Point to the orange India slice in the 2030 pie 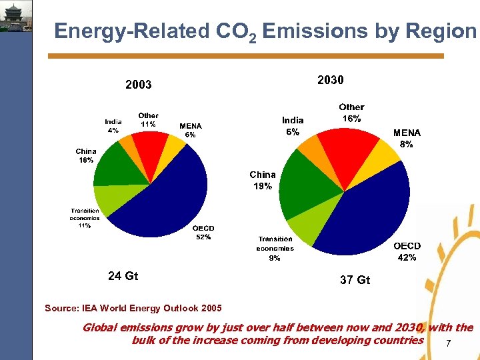[307, 146]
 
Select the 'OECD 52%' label [203, 233]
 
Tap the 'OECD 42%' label [407, 251]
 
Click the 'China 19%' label [263, 181]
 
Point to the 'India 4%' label [113, 126]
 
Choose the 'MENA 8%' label [407, 138]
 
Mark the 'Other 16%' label [351, 112]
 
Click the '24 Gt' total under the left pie [123, 275]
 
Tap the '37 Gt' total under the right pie [355, 280]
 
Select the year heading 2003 [139, 85]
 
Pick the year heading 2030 [331, 80]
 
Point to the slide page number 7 [448, 344]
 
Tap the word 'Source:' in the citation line [62, 308]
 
